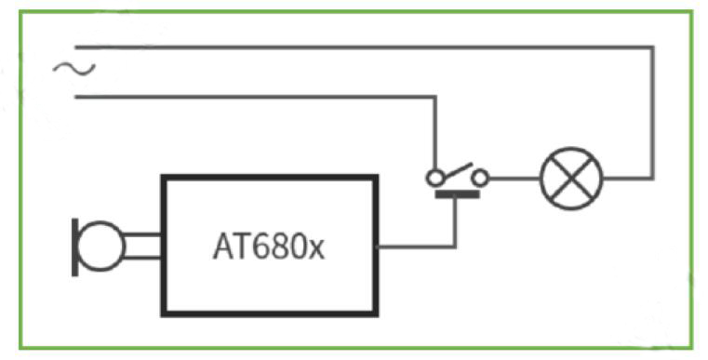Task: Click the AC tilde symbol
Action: (74, 69)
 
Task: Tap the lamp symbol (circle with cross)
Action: (571, 179)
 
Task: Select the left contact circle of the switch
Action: (434, 179)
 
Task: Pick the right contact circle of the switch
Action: (480, 179)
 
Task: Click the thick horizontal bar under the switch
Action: (457, 194)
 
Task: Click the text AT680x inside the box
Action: (269, 247)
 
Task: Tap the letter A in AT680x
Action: (222, 247)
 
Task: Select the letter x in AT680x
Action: (317, 250)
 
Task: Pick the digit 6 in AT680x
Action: (260, 247)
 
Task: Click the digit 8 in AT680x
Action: (280, 247)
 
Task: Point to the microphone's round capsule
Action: (101, 247)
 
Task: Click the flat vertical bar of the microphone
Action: (75, 247)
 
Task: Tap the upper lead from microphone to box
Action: (142, 234)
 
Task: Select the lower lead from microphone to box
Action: (142, 258)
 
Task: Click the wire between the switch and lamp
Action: (514, 179)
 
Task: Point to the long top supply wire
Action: (364, 47)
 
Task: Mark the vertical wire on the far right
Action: (651, 113)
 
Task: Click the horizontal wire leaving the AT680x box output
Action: (416, 247)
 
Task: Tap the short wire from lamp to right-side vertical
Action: (628, 179)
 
